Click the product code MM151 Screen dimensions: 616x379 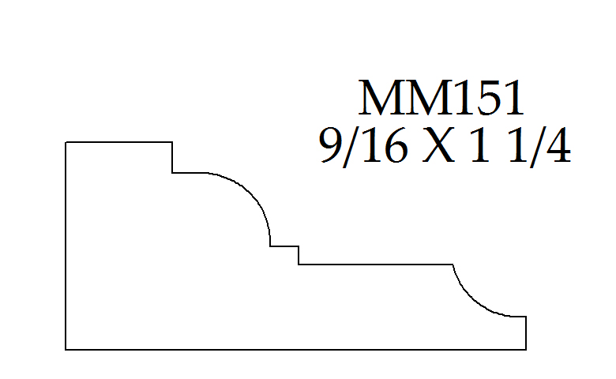(441, 97)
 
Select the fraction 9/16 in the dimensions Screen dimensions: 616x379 (362, 147)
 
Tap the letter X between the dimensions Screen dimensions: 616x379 (438, 145)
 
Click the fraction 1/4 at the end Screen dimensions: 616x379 (539, 147)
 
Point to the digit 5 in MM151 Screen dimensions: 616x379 (487, 98)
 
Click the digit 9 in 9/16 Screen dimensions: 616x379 (331, 146)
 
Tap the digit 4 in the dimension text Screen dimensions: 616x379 (557, 145)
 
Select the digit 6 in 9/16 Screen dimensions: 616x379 (394, 146)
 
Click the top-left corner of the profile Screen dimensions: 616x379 (66, 142)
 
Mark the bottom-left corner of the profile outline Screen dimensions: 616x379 (66, 349)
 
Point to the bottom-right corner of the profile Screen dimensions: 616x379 (526, 349)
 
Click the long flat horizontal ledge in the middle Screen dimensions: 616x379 (376, 265)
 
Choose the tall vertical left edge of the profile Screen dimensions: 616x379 (66, 246)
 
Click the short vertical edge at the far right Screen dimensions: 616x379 (526, 332)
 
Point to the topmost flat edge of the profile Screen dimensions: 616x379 (118, 142)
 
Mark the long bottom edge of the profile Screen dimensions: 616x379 (296, 349)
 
